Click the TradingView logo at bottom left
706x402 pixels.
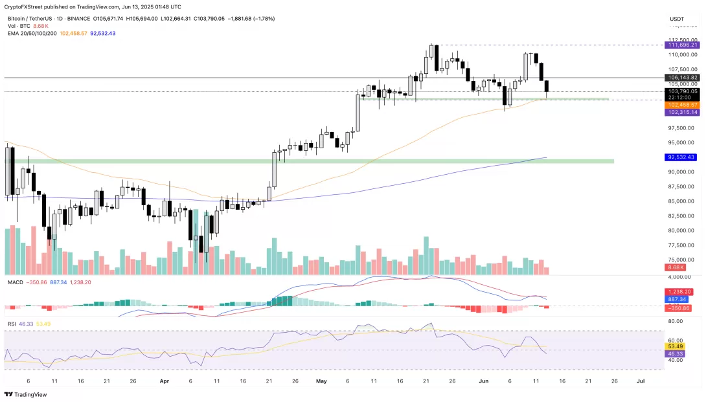point(27,394)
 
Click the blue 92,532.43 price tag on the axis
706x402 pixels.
point(682,157)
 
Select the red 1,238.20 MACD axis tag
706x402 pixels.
point(681,292)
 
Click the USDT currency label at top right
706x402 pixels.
point(677,19)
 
